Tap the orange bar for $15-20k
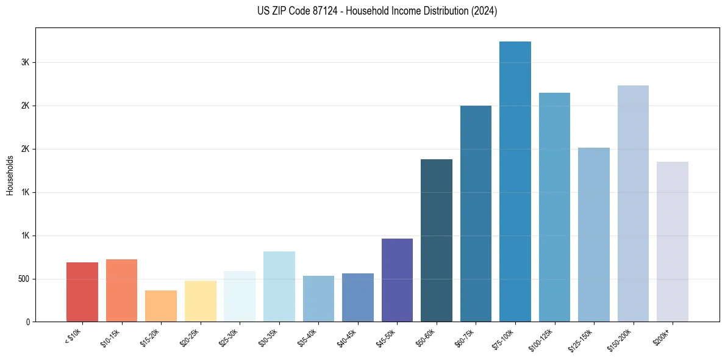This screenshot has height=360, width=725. (x=161, y=306)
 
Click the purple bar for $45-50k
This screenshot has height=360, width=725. (x=397, y=280)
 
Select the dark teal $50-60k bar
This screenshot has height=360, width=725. (x=437, y=240)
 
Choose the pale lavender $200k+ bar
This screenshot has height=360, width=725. (x=673, y=242)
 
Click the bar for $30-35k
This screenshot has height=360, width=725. (x=279, y=286)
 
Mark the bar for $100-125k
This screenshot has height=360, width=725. (x=554, y=207)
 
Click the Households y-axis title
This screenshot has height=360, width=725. (x=10, y=175)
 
